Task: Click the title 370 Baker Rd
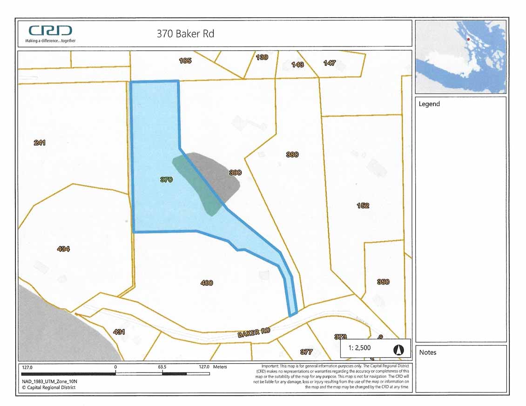185,33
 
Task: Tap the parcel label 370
167,180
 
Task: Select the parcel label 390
235,173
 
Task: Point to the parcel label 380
292,154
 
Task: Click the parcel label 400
207,283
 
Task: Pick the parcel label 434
63,249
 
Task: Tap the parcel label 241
40,143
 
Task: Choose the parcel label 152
363,206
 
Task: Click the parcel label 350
383,282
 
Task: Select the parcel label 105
185,60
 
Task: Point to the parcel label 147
330,63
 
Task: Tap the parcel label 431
119,332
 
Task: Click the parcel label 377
306,352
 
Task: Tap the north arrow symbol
399,349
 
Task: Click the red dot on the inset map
468,39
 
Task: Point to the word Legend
429,104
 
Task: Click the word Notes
428,352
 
